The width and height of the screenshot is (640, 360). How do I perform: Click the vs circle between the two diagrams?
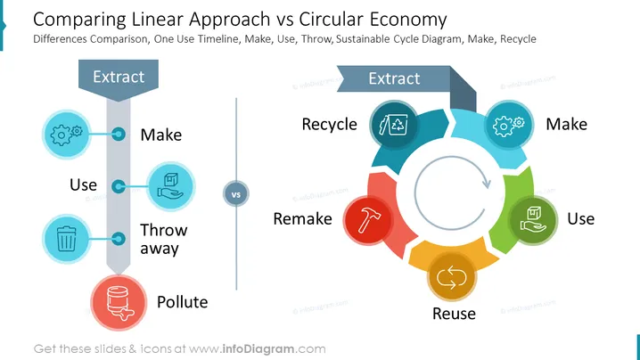point(236,193)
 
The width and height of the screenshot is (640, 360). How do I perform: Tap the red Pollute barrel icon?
point(119,302)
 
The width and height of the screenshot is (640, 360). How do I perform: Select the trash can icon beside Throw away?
point(66,239)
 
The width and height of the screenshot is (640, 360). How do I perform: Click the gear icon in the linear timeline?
point(66,135)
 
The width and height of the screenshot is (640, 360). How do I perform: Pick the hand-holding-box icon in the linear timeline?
point(170,186)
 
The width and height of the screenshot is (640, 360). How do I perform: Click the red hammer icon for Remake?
point(368,220)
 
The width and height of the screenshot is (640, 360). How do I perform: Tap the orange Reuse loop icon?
point(451,277)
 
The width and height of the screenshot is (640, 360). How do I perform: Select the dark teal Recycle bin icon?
point(394,125)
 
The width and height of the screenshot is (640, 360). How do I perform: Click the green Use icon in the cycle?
point(533,220)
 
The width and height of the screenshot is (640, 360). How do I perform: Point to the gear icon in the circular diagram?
point(509,125)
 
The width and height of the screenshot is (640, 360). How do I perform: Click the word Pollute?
point(183,302)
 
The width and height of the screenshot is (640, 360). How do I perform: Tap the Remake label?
point(302,219)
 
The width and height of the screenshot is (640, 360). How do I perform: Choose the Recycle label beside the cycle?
point(330,125)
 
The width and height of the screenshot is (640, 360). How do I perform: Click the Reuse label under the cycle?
point(454,314)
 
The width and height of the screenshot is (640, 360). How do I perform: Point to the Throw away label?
point(164,239)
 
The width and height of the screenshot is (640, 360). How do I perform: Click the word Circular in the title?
point(331,20)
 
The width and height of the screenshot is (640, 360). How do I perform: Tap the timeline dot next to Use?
point(119,186)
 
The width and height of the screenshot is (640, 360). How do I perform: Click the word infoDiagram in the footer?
point(258,349)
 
